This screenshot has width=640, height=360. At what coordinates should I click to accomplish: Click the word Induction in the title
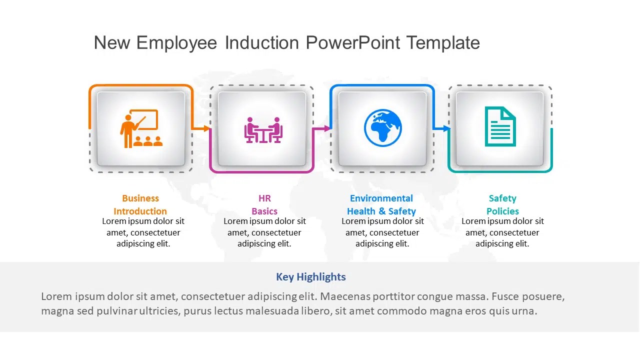click(x=261, y=43)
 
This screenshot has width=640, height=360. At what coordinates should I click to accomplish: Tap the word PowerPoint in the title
click(x=352, y=43)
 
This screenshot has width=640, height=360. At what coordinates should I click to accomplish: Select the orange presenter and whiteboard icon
click(x=141, y=128)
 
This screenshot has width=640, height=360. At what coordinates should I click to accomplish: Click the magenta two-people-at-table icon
click(x=263, y=130)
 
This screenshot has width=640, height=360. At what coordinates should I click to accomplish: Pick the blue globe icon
click(x=383, y=127)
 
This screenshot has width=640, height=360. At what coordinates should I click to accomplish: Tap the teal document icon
click(x=500, y=126)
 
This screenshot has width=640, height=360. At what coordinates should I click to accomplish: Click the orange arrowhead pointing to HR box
click(x=207, y=128)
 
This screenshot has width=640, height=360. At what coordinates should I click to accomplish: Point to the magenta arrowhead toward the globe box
click(x=327, y=128)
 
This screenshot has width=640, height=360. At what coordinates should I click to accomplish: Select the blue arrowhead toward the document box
click(x=446, y=128)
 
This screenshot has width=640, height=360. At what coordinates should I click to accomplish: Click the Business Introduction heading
click(x=140, y=204)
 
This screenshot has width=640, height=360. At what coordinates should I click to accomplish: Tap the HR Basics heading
click(x=264, y=204)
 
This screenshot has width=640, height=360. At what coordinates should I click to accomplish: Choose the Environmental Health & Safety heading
click(x=381, y=204)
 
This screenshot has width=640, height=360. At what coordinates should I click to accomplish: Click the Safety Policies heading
click(x=502, y=204)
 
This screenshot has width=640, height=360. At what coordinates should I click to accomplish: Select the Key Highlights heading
click(x=311, y=277)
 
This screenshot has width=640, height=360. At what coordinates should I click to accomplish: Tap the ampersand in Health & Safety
click(x=382, y=211)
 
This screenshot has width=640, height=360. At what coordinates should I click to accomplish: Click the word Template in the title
click(x=443, y=43)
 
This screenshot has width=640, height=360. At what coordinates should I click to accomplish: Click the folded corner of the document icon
click(x=509, y=112)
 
